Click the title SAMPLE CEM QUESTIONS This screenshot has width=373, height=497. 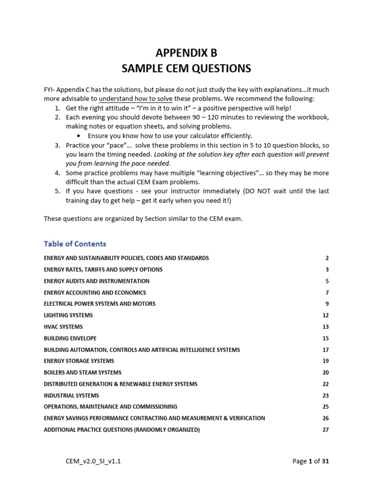[186, 68]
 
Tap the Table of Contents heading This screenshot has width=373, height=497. [75, 244]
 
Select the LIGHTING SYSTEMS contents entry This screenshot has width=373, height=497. [68, 315]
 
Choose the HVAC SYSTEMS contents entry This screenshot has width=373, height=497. [63, 327]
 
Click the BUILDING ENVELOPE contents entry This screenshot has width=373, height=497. [70, 338]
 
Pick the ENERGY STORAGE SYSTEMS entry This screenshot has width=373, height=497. [79, 361]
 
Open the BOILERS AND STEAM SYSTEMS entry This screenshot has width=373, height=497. [83, 373]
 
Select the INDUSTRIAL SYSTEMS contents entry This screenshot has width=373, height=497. [71, 396]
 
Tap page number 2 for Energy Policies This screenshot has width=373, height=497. [327, 258]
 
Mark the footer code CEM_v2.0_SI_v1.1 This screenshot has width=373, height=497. [93, 461]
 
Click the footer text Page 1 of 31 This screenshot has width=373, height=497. [311, 461]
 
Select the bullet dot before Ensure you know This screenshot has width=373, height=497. [79, 136]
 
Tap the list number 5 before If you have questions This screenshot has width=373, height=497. [57, 191]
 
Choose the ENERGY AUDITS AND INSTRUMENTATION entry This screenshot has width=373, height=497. [97, 281]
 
